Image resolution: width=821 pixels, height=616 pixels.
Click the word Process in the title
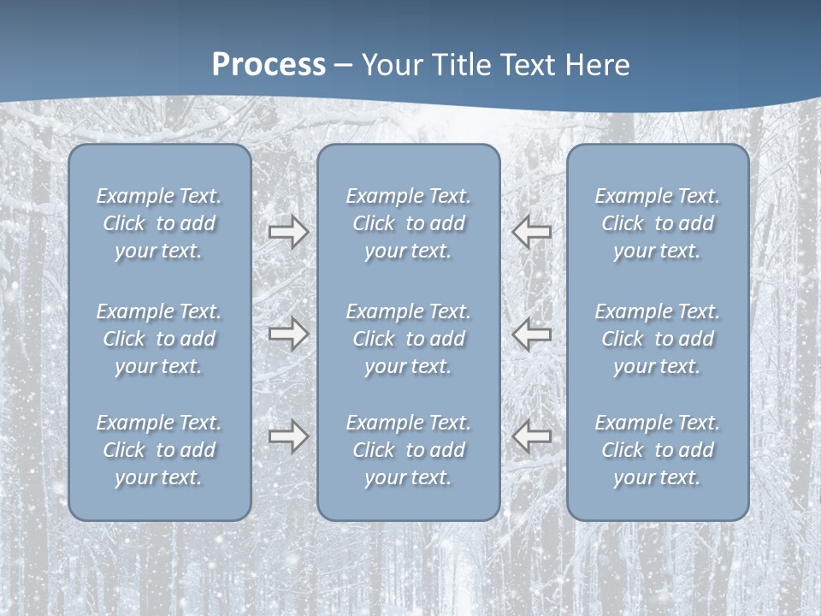[x=269, y=65]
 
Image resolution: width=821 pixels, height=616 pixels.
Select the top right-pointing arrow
[x=288, y=231]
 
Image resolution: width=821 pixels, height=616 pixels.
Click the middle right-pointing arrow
[x=288, y=333]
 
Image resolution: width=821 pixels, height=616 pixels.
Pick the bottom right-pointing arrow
[x=288, y=436]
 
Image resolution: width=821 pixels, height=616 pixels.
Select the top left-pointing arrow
[x=531, y=231]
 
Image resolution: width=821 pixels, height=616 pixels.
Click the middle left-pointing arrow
[x=531, y=333]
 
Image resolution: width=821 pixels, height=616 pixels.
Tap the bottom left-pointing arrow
[x=531, y=436]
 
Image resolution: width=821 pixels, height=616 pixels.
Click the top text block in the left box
[x=159, y=223]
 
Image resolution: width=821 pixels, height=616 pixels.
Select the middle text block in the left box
[x=159, y=339]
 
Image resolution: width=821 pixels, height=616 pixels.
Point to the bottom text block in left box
[x=159, y=450]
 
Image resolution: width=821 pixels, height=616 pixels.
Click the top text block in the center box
[x=408, y=223]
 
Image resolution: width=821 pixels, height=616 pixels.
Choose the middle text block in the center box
[x=408, y=339]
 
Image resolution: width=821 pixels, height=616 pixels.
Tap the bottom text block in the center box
[x=408, y=450]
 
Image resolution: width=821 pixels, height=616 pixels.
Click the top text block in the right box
[x=658, y=223]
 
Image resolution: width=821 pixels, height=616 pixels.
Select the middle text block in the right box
[x=658, y=339]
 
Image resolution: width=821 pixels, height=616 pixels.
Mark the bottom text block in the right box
[x=658, y=450]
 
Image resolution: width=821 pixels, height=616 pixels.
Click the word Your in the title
[x=391, y=65]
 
